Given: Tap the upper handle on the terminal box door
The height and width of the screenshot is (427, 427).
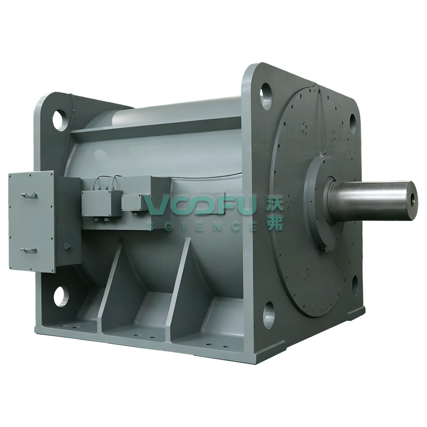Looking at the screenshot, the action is pyautogui.click(x=28, y=195).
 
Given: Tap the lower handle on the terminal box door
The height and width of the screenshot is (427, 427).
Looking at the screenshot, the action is pyautogui.click(x=28, y=250).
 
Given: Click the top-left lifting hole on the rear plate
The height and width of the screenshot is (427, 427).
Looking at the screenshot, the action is pyautogui.click(x=60, y=120).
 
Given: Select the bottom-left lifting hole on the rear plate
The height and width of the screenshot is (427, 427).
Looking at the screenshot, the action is pyautogui.click(x=61, y=297).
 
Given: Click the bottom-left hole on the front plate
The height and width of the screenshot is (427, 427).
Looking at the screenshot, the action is pyautogui.click(x=269, y=314).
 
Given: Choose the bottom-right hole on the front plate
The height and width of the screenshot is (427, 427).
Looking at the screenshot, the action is pyautogui.click(x=355, y=286).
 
